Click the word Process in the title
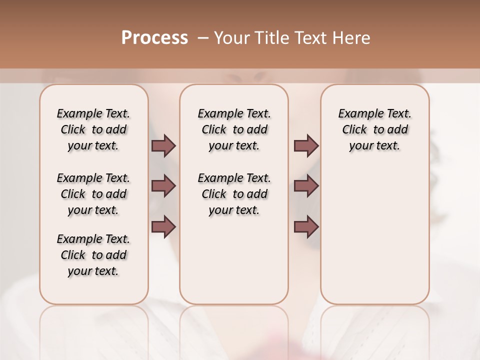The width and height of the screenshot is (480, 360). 154,38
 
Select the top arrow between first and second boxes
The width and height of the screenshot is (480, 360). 163,145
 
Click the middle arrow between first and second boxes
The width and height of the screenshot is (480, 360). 163,186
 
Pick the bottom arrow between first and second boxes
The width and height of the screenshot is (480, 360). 163,227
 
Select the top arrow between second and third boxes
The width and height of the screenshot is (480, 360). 306,145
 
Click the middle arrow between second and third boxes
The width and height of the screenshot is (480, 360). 306,186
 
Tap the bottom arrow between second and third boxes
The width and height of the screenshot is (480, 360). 306,227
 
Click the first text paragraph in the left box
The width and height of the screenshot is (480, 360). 93,129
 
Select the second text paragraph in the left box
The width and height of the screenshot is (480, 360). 93,194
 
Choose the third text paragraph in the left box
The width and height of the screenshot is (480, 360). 93,255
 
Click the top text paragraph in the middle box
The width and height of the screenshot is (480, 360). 234,129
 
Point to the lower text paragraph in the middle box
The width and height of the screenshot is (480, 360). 234,194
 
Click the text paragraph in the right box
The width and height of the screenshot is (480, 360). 374,129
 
